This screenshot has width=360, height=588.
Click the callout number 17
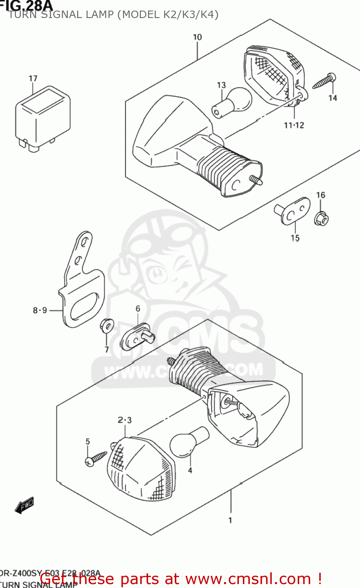coord(33,79)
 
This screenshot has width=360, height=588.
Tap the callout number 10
coord(197,37)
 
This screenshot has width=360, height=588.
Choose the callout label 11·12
coord(294,125)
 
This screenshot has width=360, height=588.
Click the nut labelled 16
coord(321,218)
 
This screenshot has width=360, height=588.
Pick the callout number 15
coord(295,238)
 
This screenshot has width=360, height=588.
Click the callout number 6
coord(138,309)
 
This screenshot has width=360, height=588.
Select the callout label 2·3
coord(125,421)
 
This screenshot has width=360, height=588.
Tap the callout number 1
coord(230,520)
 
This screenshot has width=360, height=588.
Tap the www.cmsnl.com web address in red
coord(248,579)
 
